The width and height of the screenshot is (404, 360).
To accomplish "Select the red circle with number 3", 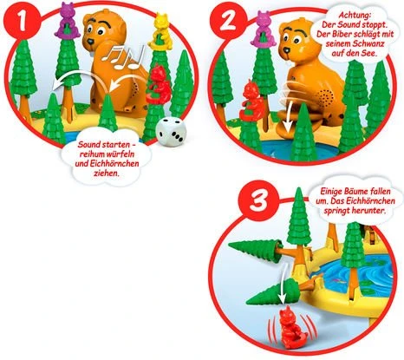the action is [257, 200].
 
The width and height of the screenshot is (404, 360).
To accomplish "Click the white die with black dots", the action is [171, 131].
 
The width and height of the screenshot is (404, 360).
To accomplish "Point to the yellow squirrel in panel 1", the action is [161, 31].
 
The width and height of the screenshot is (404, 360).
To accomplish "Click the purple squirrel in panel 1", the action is [68, 20].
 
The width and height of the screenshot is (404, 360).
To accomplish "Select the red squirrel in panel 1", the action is [158, 84].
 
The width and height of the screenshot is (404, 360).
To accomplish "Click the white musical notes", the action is [123, 57].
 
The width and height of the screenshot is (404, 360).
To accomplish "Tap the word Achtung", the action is [355, 15].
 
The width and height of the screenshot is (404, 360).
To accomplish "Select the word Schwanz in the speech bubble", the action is [367, 43].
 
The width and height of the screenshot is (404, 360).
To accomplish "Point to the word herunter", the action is [368, 210].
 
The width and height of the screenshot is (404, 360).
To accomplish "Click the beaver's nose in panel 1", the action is [90, 42].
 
